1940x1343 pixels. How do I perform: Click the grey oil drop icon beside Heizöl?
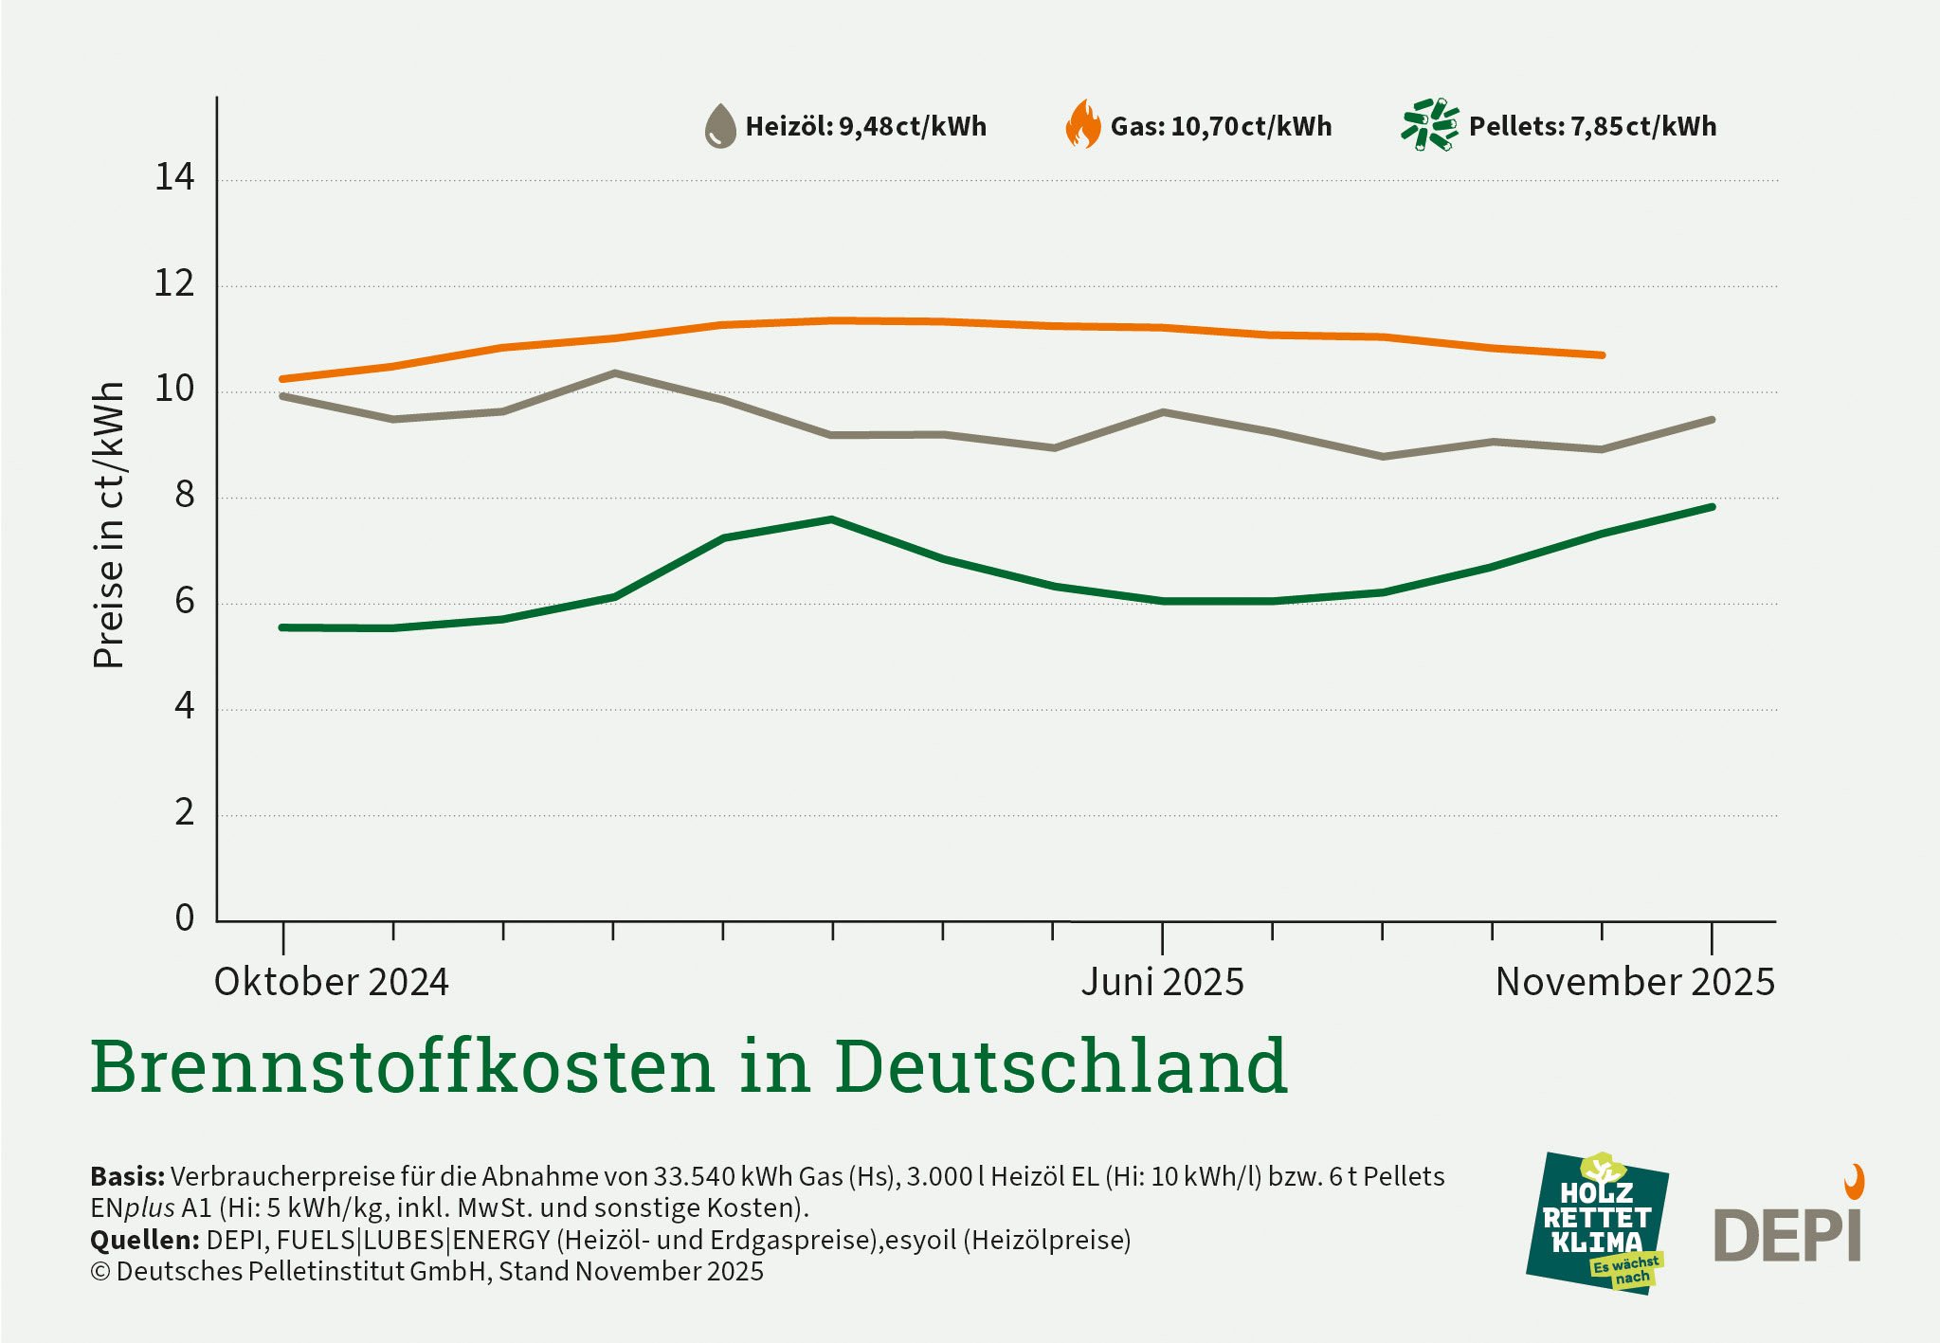(x=720, y=126)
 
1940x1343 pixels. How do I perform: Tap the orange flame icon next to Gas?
(x=1083, y=124)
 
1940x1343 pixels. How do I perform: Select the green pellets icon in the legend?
(x=1429, y=124)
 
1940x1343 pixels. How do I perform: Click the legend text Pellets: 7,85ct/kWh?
(x=1592, y=126)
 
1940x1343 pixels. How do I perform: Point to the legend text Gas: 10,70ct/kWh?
(x=1221, y=126)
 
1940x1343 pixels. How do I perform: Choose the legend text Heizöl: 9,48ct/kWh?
(x=865, y=126)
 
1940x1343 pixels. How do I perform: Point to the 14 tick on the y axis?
(x=174, y=177)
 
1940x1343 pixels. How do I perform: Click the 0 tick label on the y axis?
(x=184, y=917)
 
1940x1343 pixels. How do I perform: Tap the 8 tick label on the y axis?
(x=184, y=495)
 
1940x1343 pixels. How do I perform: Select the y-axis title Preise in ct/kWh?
(x=109, y=525)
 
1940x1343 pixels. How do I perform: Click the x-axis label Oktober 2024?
(x=331, y=982)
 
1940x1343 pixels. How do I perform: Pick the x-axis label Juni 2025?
(x=1162, y=982)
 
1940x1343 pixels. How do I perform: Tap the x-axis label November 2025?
(x=1634, y=982)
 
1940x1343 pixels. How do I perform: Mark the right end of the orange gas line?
(x=1602, y=355)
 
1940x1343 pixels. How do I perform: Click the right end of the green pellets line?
(x=1712, y=507)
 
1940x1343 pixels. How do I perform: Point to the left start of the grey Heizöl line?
(x=283, y=396)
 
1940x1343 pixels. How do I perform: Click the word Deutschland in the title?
(x=1061, y=1066)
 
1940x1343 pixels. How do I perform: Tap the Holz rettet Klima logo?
(x=1596, y=1224)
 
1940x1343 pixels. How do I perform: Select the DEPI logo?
(x=1788, y=1227)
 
